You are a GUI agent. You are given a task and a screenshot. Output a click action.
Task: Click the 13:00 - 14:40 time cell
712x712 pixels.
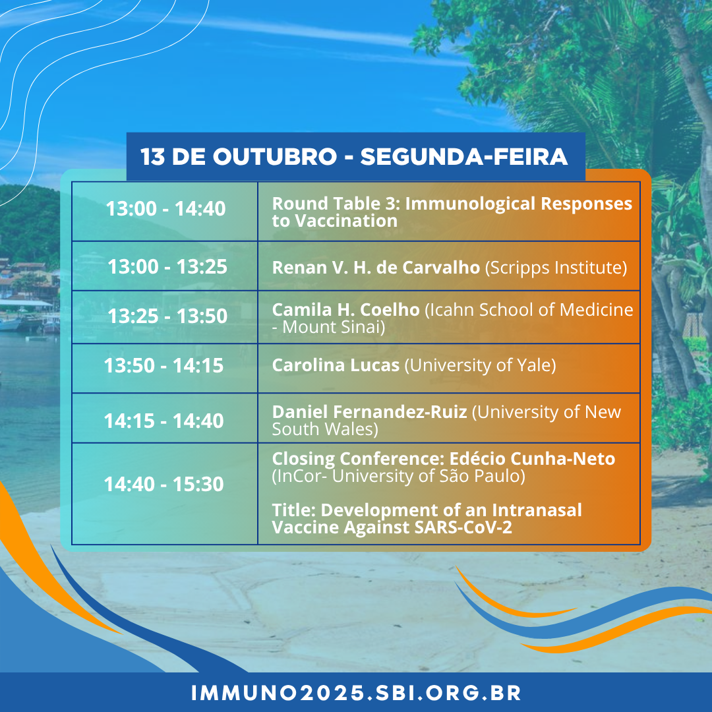tap(165, 209)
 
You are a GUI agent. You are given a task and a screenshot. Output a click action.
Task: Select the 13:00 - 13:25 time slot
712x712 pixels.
tap(167, 266)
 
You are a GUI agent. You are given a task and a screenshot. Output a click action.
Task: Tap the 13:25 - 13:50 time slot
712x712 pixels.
tap(167, 316)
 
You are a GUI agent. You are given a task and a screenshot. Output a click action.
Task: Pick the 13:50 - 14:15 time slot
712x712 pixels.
tap(164, 365)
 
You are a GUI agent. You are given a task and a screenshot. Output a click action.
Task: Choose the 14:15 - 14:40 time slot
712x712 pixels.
tap(164, 421)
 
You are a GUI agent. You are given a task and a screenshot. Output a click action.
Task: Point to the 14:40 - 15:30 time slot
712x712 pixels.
tap(164, 484)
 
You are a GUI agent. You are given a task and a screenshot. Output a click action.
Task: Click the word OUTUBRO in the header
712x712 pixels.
tap(275, 157)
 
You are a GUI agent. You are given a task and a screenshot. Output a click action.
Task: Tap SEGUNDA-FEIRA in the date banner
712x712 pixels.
tap(463, 157)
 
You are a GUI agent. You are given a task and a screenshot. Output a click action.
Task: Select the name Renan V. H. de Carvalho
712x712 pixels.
tap(376, 268)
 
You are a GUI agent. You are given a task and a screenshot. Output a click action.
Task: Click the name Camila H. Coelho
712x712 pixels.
tap(345, 310)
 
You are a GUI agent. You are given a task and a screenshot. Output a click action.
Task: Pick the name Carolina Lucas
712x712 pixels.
tap(336, 365)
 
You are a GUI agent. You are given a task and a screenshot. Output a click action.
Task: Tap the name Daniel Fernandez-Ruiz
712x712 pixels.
tap(370, 412)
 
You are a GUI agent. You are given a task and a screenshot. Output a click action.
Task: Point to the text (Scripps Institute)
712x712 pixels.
tap(556, 268)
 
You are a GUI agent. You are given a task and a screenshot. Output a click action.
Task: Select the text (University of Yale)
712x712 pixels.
tap(481, 365)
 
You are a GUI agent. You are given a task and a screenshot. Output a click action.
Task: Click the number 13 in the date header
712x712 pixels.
tap(152, 157)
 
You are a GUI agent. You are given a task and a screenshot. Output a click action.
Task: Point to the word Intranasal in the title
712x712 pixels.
tap(537, 510)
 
